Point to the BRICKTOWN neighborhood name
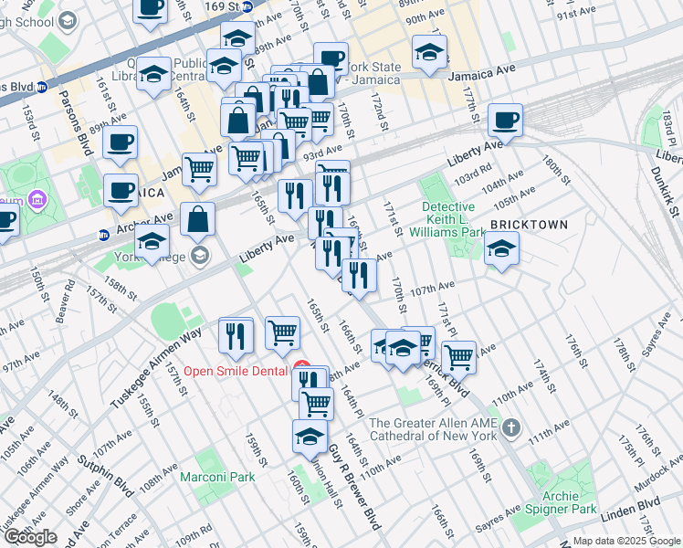coord(529,225)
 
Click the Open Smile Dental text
coord(236,370)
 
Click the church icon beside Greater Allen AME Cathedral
coord(512,427)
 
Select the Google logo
coord(30,537)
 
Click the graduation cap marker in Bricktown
coord(501,248)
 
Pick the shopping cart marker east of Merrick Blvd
coord(458,355)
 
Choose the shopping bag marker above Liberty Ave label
coord(197,219)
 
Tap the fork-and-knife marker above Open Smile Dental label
coord(236,335)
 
